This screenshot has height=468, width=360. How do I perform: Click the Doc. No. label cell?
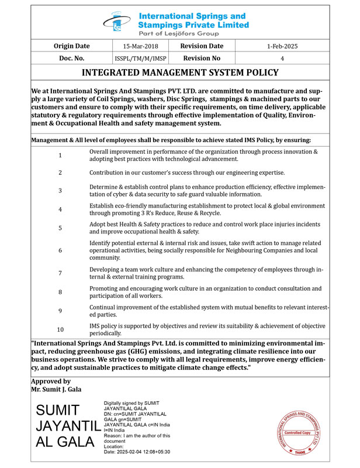coord(71,58)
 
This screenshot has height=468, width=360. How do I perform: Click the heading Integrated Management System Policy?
coord(179,73)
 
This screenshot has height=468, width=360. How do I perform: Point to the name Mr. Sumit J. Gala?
coord(56,389)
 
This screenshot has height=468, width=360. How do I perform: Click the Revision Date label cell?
coord(202,46)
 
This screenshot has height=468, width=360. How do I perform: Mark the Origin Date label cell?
coord(71,46)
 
